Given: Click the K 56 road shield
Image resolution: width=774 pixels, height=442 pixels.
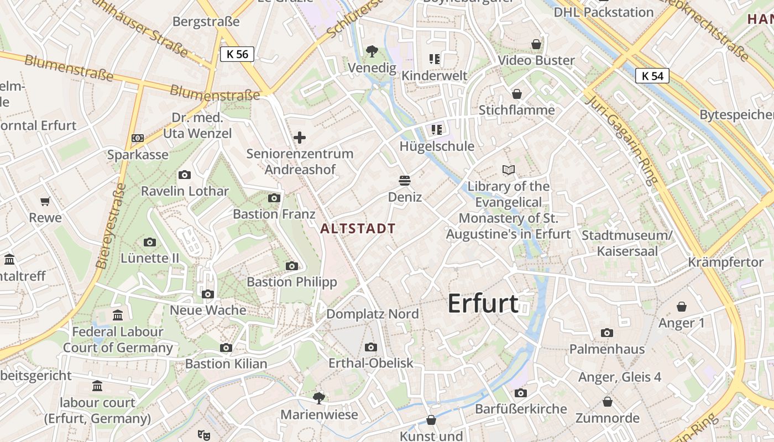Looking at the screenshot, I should [x=238, y=54].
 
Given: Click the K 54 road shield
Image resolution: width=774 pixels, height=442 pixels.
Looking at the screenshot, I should [x=652, y=76].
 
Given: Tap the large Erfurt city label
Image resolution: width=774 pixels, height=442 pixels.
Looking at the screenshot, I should [x=483, y=303].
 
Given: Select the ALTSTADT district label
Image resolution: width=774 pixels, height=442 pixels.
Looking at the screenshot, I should [x=358, y=228].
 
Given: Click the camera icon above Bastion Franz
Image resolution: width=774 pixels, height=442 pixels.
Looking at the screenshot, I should [x=274, y=198].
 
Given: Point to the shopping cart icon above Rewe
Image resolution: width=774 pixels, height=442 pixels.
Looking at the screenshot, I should [x=45, y=202].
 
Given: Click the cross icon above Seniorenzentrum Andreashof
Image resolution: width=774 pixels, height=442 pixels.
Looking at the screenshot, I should [x=300, y=138].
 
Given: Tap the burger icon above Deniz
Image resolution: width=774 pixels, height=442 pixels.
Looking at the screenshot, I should [x=405, y=181].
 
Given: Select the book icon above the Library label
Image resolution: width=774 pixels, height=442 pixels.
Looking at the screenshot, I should [x=508, y=170].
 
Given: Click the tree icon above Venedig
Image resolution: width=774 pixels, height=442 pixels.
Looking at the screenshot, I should [x=372, y=51].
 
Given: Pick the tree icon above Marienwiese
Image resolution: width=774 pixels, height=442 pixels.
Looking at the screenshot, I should [x=319, y=398].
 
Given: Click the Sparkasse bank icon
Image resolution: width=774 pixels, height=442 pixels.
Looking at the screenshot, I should [x=138, y=138].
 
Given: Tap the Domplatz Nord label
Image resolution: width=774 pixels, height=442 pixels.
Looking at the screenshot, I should [x=373, y=314].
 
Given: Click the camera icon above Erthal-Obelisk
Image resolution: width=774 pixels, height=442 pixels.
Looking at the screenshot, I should [x=371, y=347].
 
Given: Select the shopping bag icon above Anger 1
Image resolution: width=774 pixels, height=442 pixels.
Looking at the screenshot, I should [x=682, y=307].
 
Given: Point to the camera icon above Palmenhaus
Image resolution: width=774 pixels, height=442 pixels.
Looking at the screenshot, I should [x=607, y=333].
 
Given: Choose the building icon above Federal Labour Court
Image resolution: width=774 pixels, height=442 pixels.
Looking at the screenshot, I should [x=118, y=315].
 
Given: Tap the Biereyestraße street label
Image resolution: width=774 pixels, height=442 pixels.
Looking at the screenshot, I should [x=111, y=227].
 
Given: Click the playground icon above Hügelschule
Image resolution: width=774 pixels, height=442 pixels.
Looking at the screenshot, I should [x=437, y=130].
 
